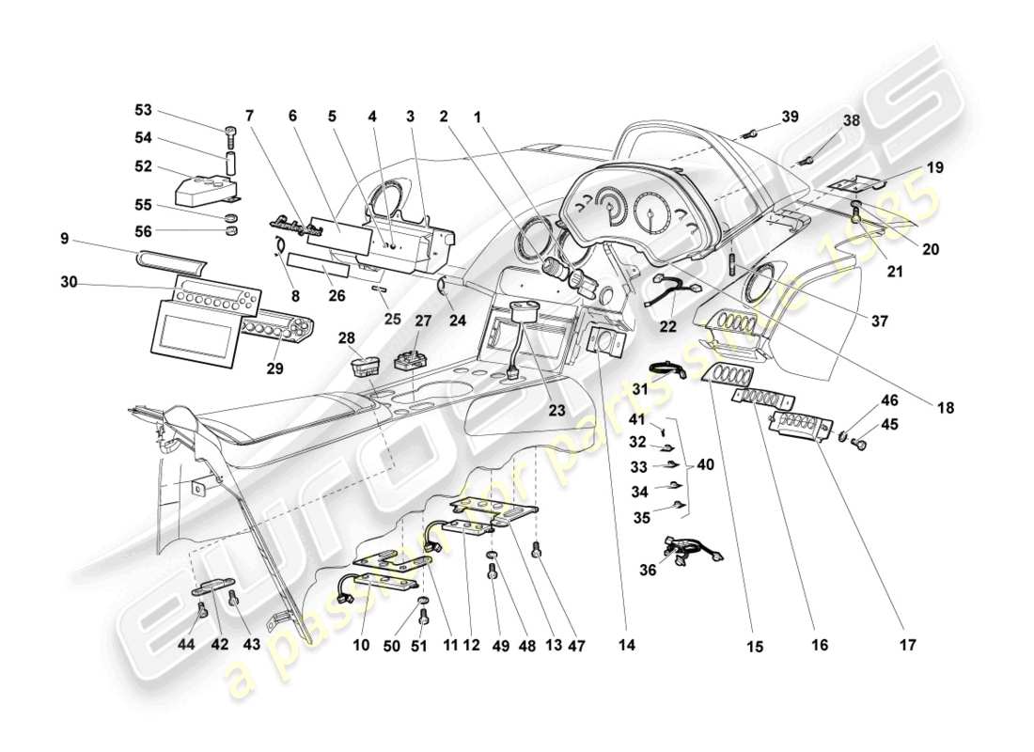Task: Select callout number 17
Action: [x=907, y=646]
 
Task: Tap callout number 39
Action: [x=790, y=117]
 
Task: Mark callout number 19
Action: [x=935, y=168]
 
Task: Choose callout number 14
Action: [x=627, y=646]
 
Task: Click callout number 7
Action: [x=249, y=116]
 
